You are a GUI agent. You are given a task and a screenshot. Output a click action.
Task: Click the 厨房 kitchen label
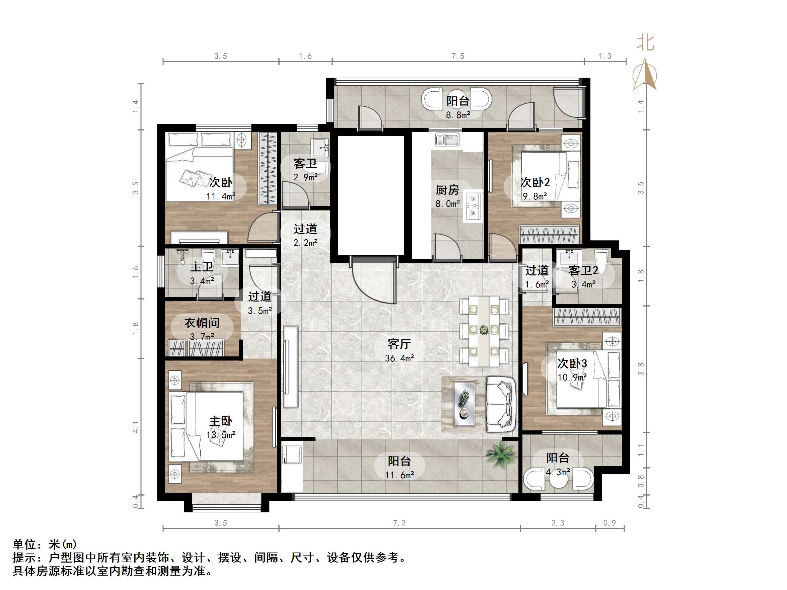pyautogui.click(x=447, y=190)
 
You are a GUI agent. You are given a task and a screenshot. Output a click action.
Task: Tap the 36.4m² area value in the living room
pyautogui.click(x=399, y=358)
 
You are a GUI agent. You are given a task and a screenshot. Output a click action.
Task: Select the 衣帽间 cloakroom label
pyautogui.click(x=202, y=323)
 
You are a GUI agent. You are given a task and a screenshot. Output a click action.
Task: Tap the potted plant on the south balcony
pyautogui.click(x=501, y=455)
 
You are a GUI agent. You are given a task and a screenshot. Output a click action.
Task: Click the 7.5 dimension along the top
pyautogui.click(x=458, y=56)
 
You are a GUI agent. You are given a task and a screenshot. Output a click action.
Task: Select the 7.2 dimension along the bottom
pyautogui.click(x=399, y=523)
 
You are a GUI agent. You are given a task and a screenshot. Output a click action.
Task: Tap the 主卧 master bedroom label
pyautogui.click(x=221, y=421)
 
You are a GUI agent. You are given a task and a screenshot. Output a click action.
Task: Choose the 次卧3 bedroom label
pyautogui.click(x=572, y=363)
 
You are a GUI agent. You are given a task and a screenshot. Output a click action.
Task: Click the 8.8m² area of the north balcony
pyautogui.click(x=458, y=115)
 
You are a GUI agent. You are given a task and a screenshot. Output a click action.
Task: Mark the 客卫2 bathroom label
pyautogui.click(x=583, y=271)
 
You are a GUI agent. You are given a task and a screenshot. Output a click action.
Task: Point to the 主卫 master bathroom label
pyautogui.click(x=202, y=267)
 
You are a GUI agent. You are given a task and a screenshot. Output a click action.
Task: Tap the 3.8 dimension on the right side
pyautogui.click(x=641, y=369)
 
